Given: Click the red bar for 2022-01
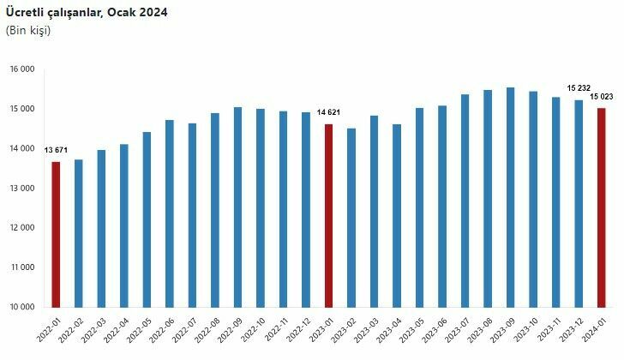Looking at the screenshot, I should coord(57,234).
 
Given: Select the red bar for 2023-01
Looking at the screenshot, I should coord(329,215).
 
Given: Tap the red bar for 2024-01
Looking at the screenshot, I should coord(602,207).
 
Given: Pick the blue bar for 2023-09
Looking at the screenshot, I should coord(511,197).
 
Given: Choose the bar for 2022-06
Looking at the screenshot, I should coord(170,213).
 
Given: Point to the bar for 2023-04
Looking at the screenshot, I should coord(397,215).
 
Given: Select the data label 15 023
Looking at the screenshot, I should coord(603,96).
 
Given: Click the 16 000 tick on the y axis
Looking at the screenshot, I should coord(22,69).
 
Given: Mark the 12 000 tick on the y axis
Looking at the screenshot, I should coord(22,228).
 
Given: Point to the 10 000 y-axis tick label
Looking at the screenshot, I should coord(22,307).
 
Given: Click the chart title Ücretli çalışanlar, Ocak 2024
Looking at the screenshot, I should coord(87,13).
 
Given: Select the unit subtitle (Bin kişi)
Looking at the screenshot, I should coord(28,31).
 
